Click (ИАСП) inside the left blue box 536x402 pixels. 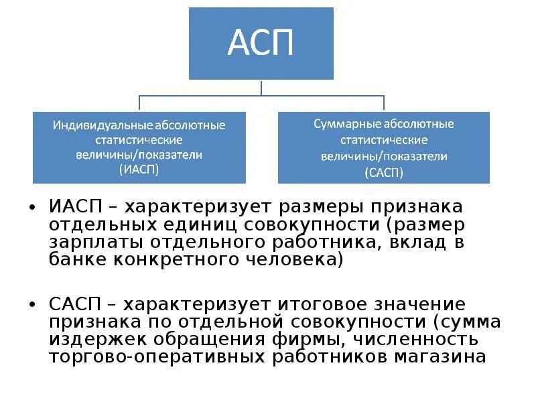coord(139,170)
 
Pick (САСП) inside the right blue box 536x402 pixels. coord(385,172)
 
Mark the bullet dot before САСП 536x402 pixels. coord(32,306)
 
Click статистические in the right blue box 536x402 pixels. coord(384,141)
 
